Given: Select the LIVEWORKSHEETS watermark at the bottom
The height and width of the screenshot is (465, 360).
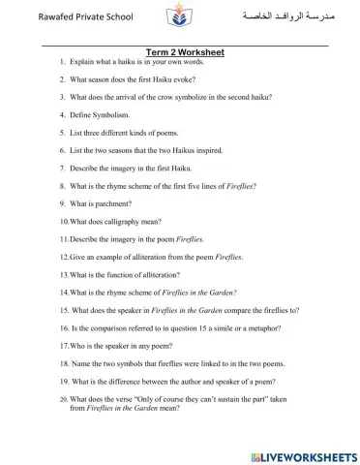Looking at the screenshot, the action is (x=303, y=452).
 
